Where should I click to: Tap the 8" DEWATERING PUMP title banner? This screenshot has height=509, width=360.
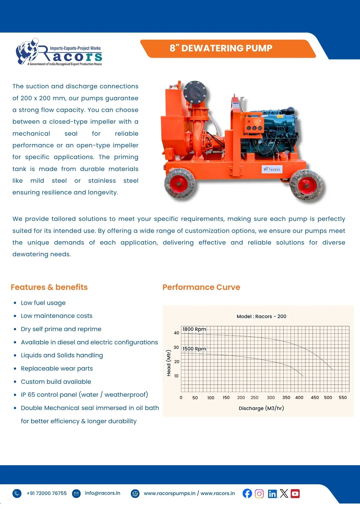[221, 48]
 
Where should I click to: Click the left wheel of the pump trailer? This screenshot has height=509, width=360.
[179, 184]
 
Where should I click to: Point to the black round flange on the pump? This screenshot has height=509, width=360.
[195, 92]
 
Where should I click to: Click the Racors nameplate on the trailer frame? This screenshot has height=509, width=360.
[272, 169]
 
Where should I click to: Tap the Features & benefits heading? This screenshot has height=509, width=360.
[49, 287]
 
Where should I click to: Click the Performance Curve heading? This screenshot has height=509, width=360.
[201, 287]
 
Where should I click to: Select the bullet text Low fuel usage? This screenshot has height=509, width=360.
[43, 303]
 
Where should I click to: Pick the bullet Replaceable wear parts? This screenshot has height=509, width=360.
[57, 369]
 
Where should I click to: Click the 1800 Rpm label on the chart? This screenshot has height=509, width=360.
[194, 329]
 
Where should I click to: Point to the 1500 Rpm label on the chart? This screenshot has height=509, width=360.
[194, 349]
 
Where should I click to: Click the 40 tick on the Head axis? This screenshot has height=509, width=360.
[176, 333]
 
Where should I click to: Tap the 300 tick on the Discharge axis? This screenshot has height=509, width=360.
[271, 398]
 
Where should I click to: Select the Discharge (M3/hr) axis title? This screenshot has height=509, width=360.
[261, 408]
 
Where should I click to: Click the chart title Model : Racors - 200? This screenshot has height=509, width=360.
[261, 316]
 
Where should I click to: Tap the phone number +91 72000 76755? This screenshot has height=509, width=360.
[47, 493]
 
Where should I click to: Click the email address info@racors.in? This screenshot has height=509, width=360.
[102, 493]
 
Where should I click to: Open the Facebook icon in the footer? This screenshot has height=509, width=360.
[247, 493]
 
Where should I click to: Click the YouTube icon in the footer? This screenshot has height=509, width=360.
[295, 493]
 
